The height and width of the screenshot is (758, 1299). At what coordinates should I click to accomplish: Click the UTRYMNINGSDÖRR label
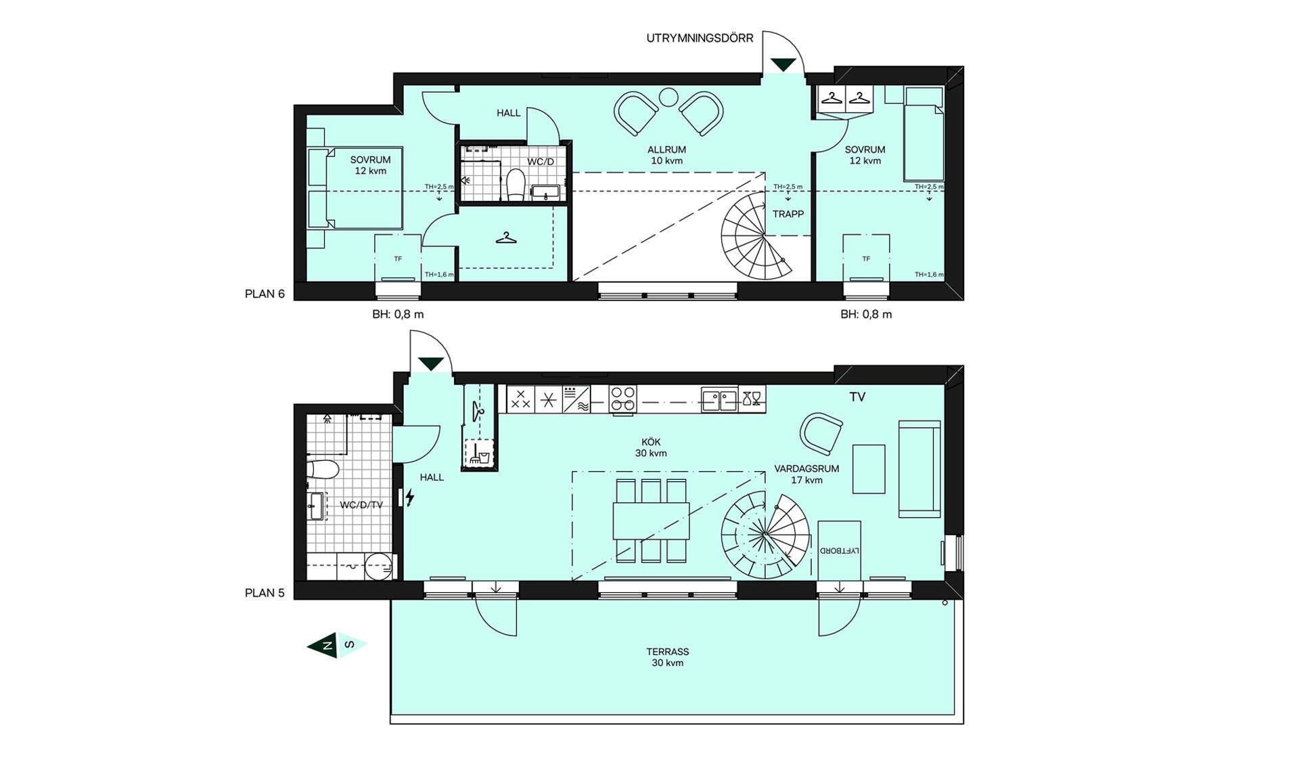coord(700,39)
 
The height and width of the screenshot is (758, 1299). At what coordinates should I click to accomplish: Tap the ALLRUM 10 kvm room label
coord(666,155)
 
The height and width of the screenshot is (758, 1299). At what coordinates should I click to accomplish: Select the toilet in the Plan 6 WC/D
coord(516,185)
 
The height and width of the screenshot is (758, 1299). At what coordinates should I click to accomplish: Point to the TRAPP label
coord(788,214)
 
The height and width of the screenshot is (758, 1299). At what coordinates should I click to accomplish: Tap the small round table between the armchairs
coord(668,97)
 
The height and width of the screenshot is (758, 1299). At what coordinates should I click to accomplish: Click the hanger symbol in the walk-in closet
coord(506,238)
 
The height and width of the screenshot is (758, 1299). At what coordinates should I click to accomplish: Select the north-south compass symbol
coord(337,644)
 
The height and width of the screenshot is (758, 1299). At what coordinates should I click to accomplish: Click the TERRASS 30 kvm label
coord(667,657)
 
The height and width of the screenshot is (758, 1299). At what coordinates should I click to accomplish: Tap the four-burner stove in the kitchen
coord(622,399)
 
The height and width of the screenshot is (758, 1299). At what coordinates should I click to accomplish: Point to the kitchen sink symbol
coord(719,399)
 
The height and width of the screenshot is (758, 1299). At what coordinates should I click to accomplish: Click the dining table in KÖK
coord(651,520)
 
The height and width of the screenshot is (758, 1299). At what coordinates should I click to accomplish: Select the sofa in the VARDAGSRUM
coord(919,468)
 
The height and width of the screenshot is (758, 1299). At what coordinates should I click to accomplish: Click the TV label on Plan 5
coord(857,397)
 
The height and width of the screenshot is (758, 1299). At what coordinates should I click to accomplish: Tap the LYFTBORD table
coord(839,550)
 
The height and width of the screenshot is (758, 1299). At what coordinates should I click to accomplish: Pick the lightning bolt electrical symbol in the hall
coord(409,498)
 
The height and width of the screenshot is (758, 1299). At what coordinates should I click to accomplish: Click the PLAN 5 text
coord(265,593)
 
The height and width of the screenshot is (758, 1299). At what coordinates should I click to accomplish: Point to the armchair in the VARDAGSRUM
coord(821,433)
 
